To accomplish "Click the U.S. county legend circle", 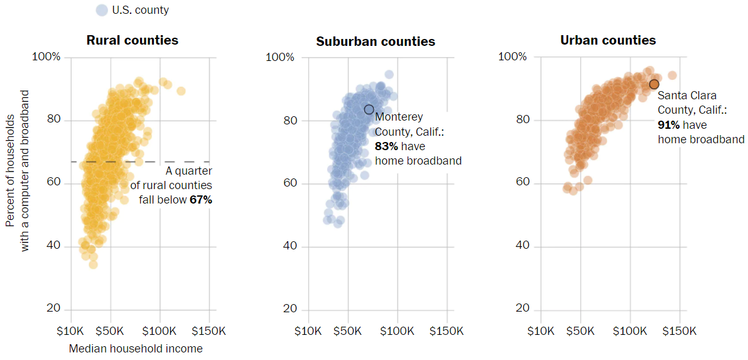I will (102, 10).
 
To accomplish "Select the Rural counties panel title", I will (132, 40).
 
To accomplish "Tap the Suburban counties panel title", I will (375, 41).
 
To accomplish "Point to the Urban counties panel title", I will (607, 40).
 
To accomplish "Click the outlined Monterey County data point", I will (369, 109).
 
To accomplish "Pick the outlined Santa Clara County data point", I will (654, 84).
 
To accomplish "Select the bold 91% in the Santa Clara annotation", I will (669, 125).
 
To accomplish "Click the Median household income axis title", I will (136, 348).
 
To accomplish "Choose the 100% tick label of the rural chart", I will (47, 57).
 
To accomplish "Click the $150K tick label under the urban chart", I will (678, 331).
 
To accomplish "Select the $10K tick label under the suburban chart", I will (307, 331).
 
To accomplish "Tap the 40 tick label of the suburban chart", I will (290, 246).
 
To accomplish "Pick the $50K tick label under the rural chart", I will (111, 331).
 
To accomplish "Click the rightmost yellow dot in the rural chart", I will (181, 91).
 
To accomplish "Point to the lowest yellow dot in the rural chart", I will (93, 264).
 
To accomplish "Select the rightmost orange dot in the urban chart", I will (672, 75).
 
